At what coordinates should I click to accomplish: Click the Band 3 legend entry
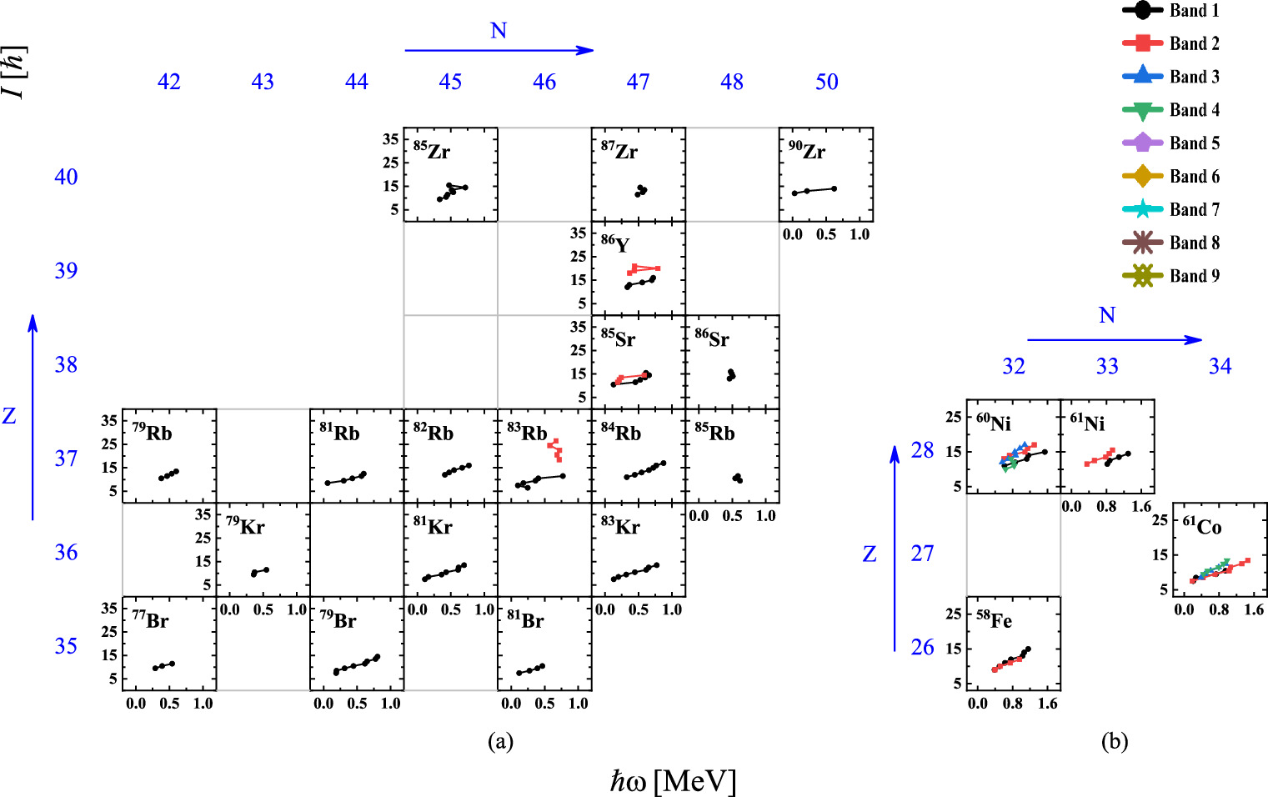(x=1171, y=77)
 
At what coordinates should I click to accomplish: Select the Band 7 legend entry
(x=1171, y=209)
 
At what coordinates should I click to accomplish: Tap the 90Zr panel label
(x=806, y=151)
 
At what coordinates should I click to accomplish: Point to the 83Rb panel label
(x=527, y=433)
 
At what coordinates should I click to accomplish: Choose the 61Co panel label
(x=1202, y=526)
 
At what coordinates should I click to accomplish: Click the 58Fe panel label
(x=994, y=620)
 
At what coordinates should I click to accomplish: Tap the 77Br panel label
(x=150, y=620)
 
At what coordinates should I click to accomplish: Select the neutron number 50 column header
(x=826, y=82)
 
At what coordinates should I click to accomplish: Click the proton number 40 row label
(x=66, y=177)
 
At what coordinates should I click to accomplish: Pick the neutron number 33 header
(x=1107, y=367)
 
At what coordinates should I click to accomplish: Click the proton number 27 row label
(x=922, y=554)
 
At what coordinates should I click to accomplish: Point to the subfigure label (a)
(x=499, y=741)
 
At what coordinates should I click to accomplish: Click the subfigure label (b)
(x=1114, y=741)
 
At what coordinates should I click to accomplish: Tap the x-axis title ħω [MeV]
(x=673, y=782)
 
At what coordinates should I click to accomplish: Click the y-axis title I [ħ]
(x=14, y=72)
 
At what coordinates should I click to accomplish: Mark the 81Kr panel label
(x=433, y=526)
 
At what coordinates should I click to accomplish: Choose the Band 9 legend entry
(x=1171, y=276)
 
